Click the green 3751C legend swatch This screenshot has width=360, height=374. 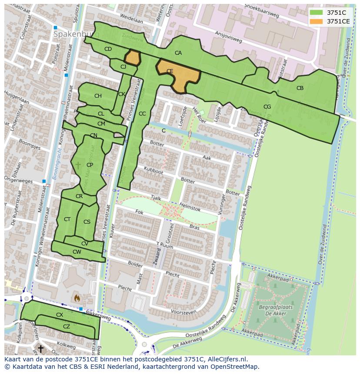[317, 13]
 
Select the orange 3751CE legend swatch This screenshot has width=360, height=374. [317, 21]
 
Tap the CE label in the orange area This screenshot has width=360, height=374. [170, 71]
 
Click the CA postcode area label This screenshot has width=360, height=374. [178, 53]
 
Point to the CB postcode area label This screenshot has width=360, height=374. [300, 88]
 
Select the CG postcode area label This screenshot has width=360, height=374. [267, 107]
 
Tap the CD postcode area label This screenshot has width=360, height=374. [108, 49]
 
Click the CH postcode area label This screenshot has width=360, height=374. [98, 96]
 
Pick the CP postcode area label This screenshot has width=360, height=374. [90, 165]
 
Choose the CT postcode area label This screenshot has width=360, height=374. [67, 219]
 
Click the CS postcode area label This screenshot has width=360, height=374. [87, 222]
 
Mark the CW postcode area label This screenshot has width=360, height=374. [77, 252]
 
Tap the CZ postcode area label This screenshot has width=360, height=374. [67, 327]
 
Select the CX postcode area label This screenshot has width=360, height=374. [60, 314]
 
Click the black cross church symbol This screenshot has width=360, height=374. [40, 348]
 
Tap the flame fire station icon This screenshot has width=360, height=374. [77, 298]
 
